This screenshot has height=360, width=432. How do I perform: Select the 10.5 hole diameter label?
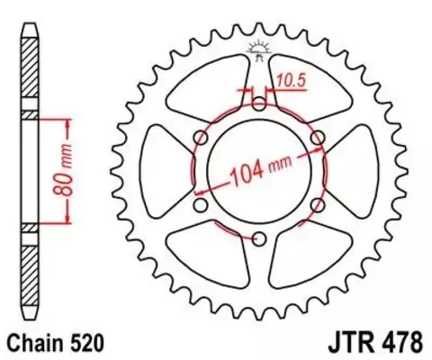(291, 80)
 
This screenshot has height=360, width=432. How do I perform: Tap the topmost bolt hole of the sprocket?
(258, 103)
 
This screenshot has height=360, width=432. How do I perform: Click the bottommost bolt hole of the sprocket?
(258, 238)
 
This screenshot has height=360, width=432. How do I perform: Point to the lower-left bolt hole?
(200, 205)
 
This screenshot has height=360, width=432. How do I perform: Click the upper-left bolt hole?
(200, 137)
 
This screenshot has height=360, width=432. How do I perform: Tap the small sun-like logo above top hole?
(258, 49)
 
